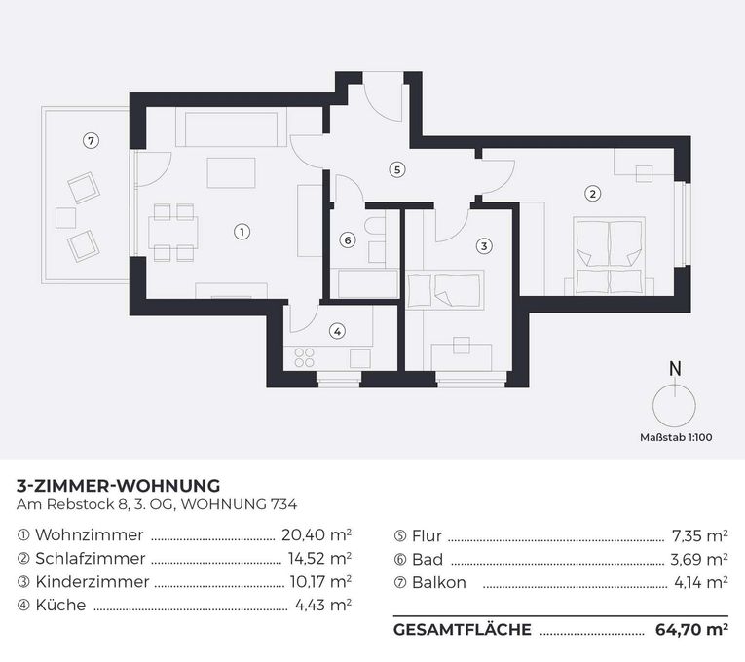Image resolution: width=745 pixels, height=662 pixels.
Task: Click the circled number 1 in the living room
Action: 242,232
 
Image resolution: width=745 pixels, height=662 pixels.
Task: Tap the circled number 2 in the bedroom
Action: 592,193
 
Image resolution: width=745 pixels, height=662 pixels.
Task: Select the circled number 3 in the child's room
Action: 484,246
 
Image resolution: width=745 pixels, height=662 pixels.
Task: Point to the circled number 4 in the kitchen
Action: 337,331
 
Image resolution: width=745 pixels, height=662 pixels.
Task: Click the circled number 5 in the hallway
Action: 395,169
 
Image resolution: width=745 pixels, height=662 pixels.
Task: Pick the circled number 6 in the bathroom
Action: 348,239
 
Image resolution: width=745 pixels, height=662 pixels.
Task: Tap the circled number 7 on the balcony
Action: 91,140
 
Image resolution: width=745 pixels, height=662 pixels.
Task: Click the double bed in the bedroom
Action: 609,256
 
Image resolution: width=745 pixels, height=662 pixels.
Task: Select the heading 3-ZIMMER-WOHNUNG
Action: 119,485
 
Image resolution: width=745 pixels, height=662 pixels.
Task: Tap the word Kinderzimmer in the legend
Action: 93,582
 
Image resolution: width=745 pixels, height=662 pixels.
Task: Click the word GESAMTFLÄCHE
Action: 463,630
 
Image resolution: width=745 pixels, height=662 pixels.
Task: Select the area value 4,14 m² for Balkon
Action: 699,582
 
